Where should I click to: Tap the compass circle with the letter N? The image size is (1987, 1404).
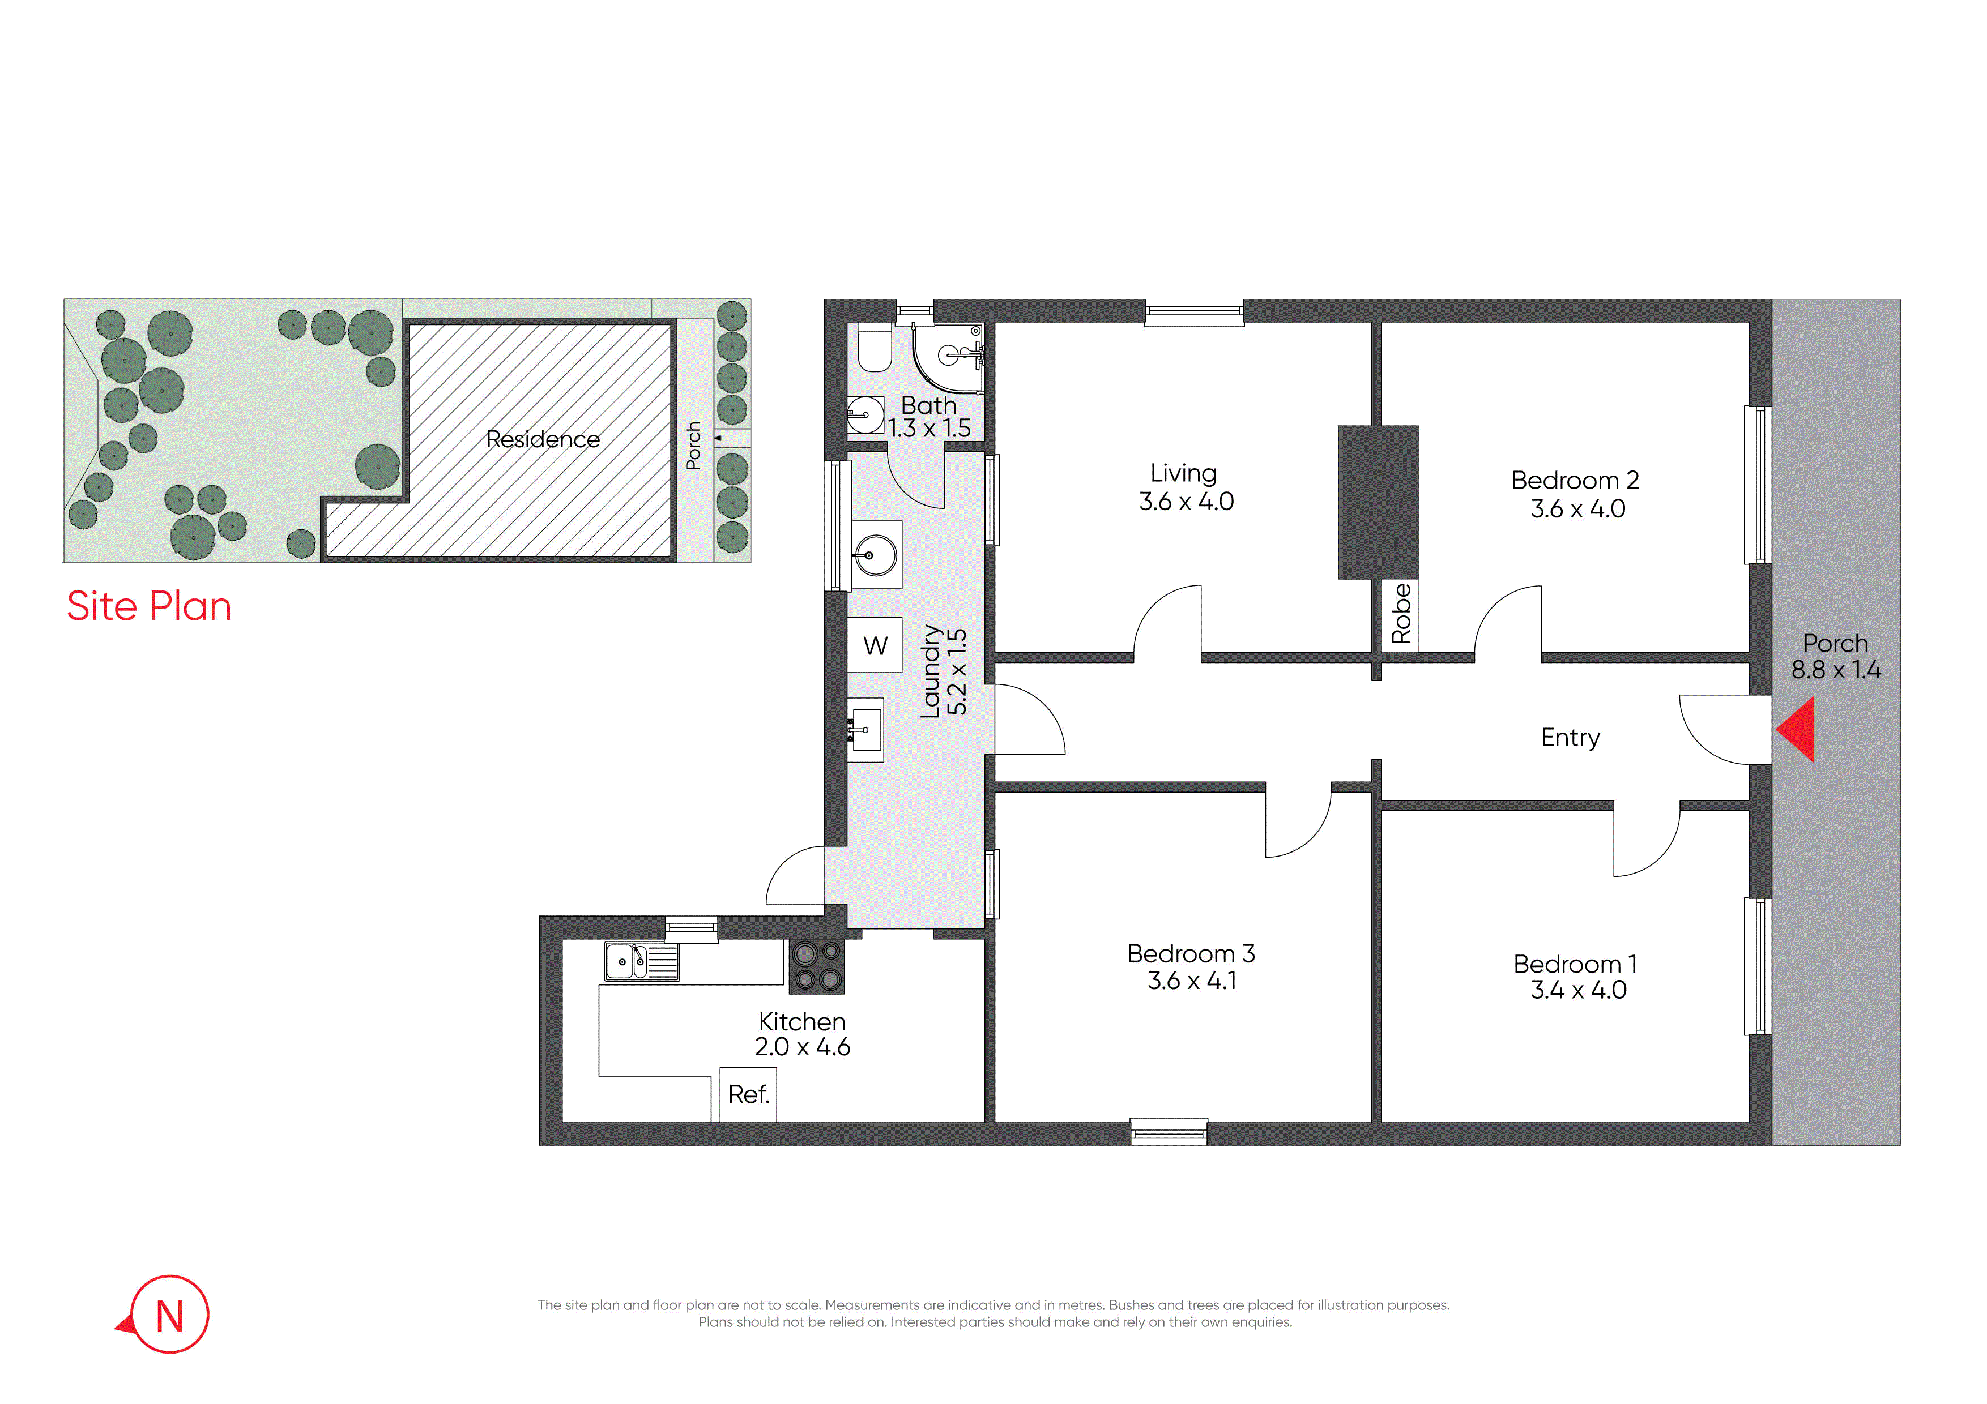[169, 1314]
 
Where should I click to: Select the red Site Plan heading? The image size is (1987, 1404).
[149, 606]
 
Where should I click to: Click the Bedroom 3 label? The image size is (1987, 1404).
[1191, 953]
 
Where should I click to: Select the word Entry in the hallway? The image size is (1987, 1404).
[1571, 738]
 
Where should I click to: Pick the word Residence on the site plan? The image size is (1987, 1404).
[543, 439]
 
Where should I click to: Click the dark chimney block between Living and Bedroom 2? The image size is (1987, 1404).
[1378, 502]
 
